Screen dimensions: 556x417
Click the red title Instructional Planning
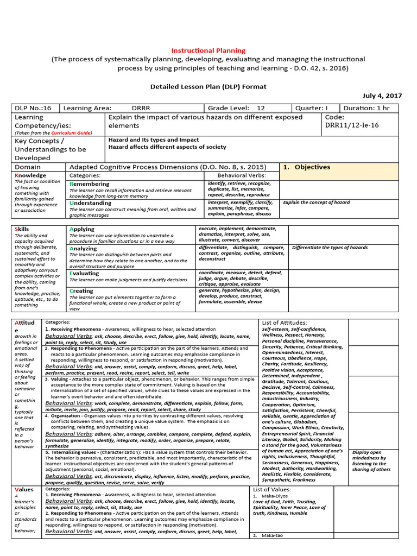tap(208, 50)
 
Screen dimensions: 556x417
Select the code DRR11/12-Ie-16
tap(352, 125)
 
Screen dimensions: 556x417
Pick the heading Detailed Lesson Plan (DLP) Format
tap(208, 86)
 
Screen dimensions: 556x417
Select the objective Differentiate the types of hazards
tap(330, 248)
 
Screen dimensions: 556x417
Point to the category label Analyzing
tap(84, 248)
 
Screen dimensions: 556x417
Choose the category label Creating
tap(81, 290)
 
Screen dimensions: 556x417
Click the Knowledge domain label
tap(30, 175)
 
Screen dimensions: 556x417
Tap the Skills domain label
tap(22, 229)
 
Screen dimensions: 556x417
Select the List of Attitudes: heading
tap(285, 323)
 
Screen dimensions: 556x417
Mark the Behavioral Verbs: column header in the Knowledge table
tap(241, 176)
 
